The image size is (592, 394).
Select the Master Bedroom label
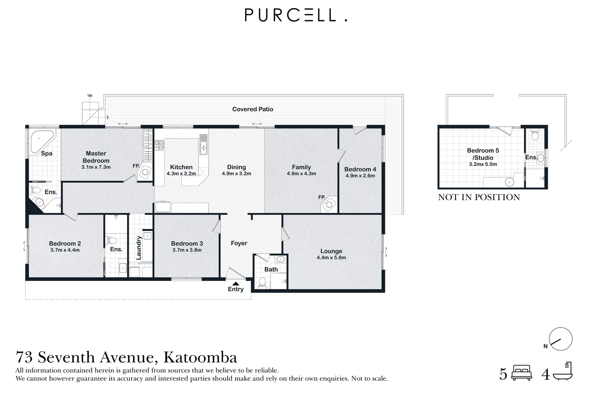tap(96, 157)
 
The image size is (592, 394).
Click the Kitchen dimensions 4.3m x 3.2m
tap(181, 174)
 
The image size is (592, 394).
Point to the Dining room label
tap(236, 167)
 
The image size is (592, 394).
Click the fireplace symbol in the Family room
tap(329, 205)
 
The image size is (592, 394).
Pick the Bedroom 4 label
tap(360, 169)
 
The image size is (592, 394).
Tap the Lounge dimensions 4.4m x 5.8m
tap(331, 258)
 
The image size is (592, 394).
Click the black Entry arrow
tap(236, 283)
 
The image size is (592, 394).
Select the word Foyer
tap(239, 243)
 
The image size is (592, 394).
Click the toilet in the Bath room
tap(262, 282)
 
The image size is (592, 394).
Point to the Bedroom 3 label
tap(187, 243)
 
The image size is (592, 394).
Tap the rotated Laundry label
tap(139, 248)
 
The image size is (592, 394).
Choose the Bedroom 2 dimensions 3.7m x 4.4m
tap(65, 250)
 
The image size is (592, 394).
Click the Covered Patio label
tap(253, 109)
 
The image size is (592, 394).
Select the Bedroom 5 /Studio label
tap(483, 154)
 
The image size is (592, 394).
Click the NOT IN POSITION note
tap(479, 197)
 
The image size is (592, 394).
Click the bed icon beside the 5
tap(522, 373)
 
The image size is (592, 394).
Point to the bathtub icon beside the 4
tap(563, 372)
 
